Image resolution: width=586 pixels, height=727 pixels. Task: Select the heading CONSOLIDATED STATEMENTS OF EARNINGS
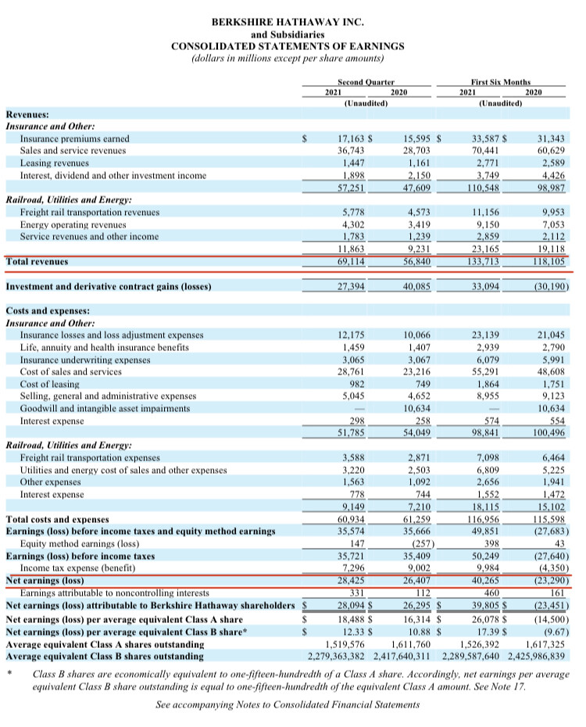288,46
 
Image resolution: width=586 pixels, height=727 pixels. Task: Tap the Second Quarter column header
366,81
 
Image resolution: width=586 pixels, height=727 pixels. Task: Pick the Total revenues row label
37,261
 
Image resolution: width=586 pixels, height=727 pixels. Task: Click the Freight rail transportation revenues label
90,212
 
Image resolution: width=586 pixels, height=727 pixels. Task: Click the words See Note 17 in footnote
513,683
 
